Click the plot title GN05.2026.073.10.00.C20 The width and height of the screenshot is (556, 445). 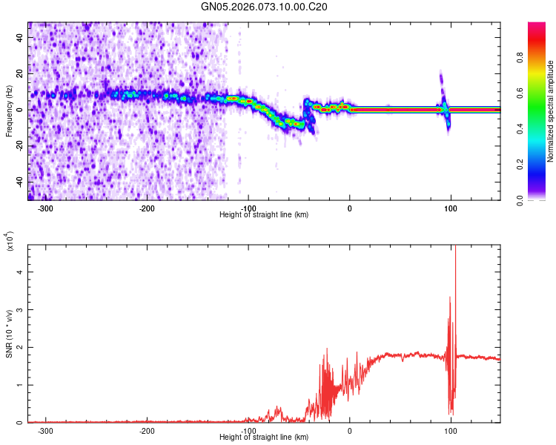pyautogui.click(x=265, y=7)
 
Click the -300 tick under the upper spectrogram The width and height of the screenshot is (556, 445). pyautogui.click(x=45, y=208)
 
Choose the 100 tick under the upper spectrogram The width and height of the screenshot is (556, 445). pyautogui.click(x=451, y=208)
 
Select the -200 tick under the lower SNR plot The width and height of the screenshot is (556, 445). pyautogui.click(x=147, y=431)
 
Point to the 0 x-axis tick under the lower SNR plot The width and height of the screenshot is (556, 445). pyautogui.click(x=350, y=431)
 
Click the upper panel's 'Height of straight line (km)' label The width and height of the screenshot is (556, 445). pyautogui.click(x=265, y=215)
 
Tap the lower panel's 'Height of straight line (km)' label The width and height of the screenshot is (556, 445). pyautogui.click(x=265, y=438)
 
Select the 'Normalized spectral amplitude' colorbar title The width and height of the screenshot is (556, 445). pyautogui.click(x=551, y=111)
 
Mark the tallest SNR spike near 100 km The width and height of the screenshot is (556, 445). pyautogui.click(x=455, y=248)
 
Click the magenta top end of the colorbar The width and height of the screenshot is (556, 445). pyautogui.click(x=537, y=26)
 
